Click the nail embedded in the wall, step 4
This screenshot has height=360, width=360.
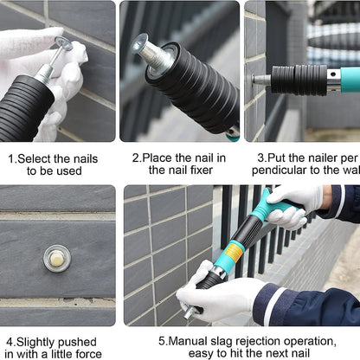[x=57, y=257]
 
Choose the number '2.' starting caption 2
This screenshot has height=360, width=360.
[x=137, y=158]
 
